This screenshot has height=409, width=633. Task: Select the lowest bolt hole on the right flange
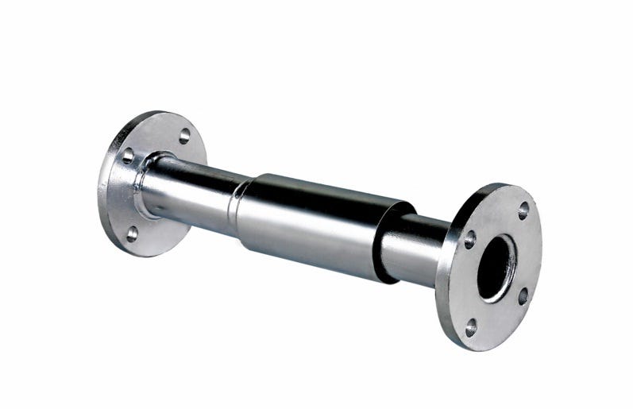click(x=471, y=325)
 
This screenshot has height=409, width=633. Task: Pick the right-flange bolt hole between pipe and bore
click(x=469, y=239)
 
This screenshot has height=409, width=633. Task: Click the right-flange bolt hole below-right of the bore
click(x=523, y=296)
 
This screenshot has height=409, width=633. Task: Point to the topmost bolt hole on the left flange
click(x=184, y=135)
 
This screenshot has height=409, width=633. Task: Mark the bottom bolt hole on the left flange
click(x=132, y=232)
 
